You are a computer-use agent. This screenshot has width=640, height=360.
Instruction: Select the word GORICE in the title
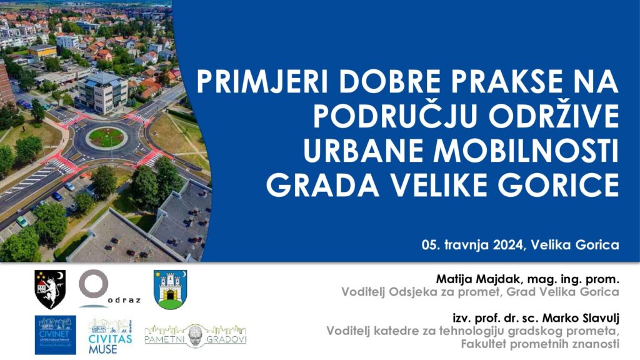558,185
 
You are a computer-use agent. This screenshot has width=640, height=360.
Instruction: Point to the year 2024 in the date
507,245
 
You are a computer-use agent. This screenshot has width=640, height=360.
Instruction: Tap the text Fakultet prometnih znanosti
540,344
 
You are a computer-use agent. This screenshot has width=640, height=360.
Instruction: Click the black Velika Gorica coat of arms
50,289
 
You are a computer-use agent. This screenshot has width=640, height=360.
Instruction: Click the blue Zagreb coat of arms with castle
170,289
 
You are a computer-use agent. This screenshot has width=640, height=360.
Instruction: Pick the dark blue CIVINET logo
55,335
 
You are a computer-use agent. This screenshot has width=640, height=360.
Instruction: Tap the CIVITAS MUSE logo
110,336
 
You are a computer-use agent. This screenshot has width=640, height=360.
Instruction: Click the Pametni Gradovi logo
196,336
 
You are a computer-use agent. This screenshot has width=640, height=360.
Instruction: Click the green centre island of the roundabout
106,137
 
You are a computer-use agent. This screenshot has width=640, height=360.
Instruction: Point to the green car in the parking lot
22,221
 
